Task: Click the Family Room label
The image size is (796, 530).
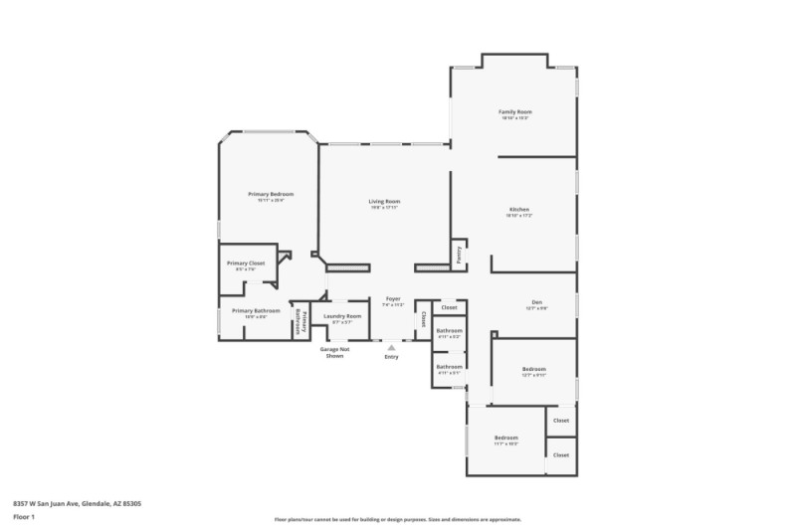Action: pyautogui.click(x=515, y=112)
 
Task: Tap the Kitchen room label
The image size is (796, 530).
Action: pyautogui.click(x=519, y=210)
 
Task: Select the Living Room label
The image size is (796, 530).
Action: pyautogui.click(x=384, y=202)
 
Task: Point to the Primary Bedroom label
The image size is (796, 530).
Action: pyautogui.click(x=271, y=194)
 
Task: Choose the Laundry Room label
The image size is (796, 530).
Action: pyautogui.click(x=342, y=316)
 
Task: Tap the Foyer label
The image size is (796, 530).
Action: pyautogui.click(x=393, y=298)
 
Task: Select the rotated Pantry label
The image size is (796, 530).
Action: pyautogui.click(x=459, y=255)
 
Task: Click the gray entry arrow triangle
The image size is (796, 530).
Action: pyautogui.click(x=391, y=348)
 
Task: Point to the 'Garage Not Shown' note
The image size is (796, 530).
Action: pyautogui.click(x=334, y=352)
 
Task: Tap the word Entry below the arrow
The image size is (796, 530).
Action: pyautogui.click(x=391, y=356)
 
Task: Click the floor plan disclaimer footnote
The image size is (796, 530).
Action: pyautogui.click(x=397, y=519)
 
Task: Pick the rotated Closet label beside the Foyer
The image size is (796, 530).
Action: pyautogui.click(x=423, y=320)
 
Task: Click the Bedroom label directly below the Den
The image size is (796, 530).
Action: pyautogui.click(x=534, y=369)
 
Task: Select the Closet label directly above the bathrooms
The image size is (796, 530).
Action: pyautogui.click(x=450, y=307)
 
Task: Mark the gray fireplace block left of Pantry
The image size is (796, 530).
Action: pyautogui.click(x=432, y=267)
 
